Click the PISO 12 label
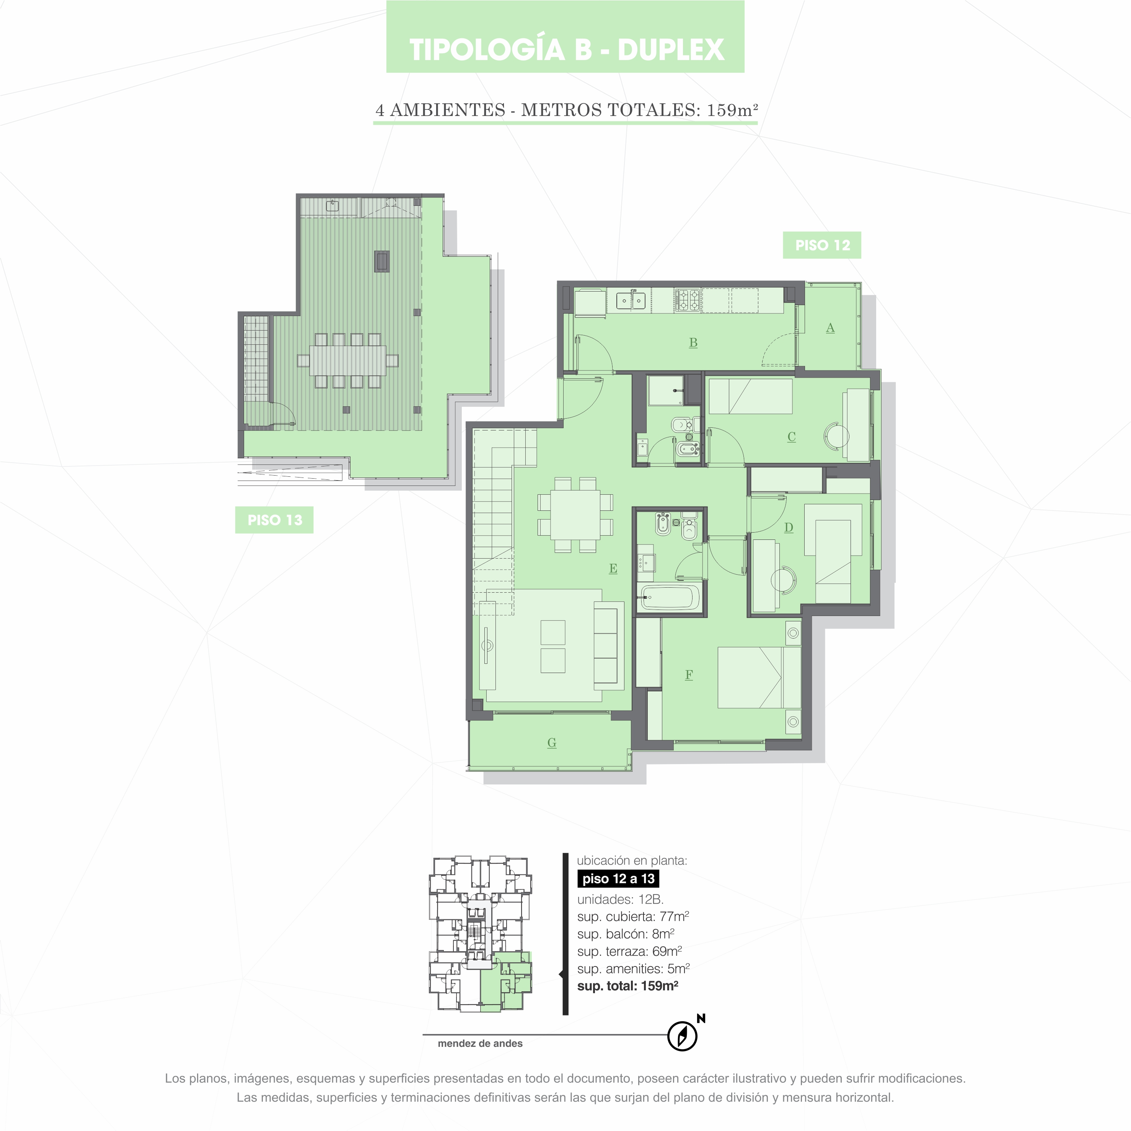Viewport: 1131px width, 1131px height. coord(822,245)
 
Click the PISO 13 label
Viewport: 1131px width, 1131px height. coord(275,520)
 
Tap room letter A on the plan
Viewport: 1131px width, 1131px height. coord(830,328)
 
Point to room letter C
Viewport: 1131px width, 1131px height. coord(792,437)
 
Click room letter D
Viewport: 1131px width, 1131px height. coord(789,528)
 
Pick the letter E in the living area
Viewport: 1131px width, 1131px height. coord(613,569)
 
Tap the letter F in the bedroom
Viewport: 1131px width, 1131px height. coord(689,675)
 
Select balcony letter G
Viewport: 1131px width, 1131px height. coord(551,743)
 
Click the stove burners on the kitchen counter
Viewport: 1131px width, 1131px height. coord(687,300)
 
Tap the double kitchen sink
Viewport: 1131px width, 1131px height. coord(631,301)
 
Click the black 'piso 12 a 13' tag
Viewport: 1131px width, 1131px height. coord(618,879)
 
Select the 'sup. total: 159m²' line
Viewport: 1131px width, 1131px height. coord(627,986)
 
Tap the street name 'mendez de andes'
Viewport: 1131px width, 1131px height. coord(480,1043)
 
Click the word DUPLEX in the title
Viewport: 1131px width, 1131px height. coord(671,49)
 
